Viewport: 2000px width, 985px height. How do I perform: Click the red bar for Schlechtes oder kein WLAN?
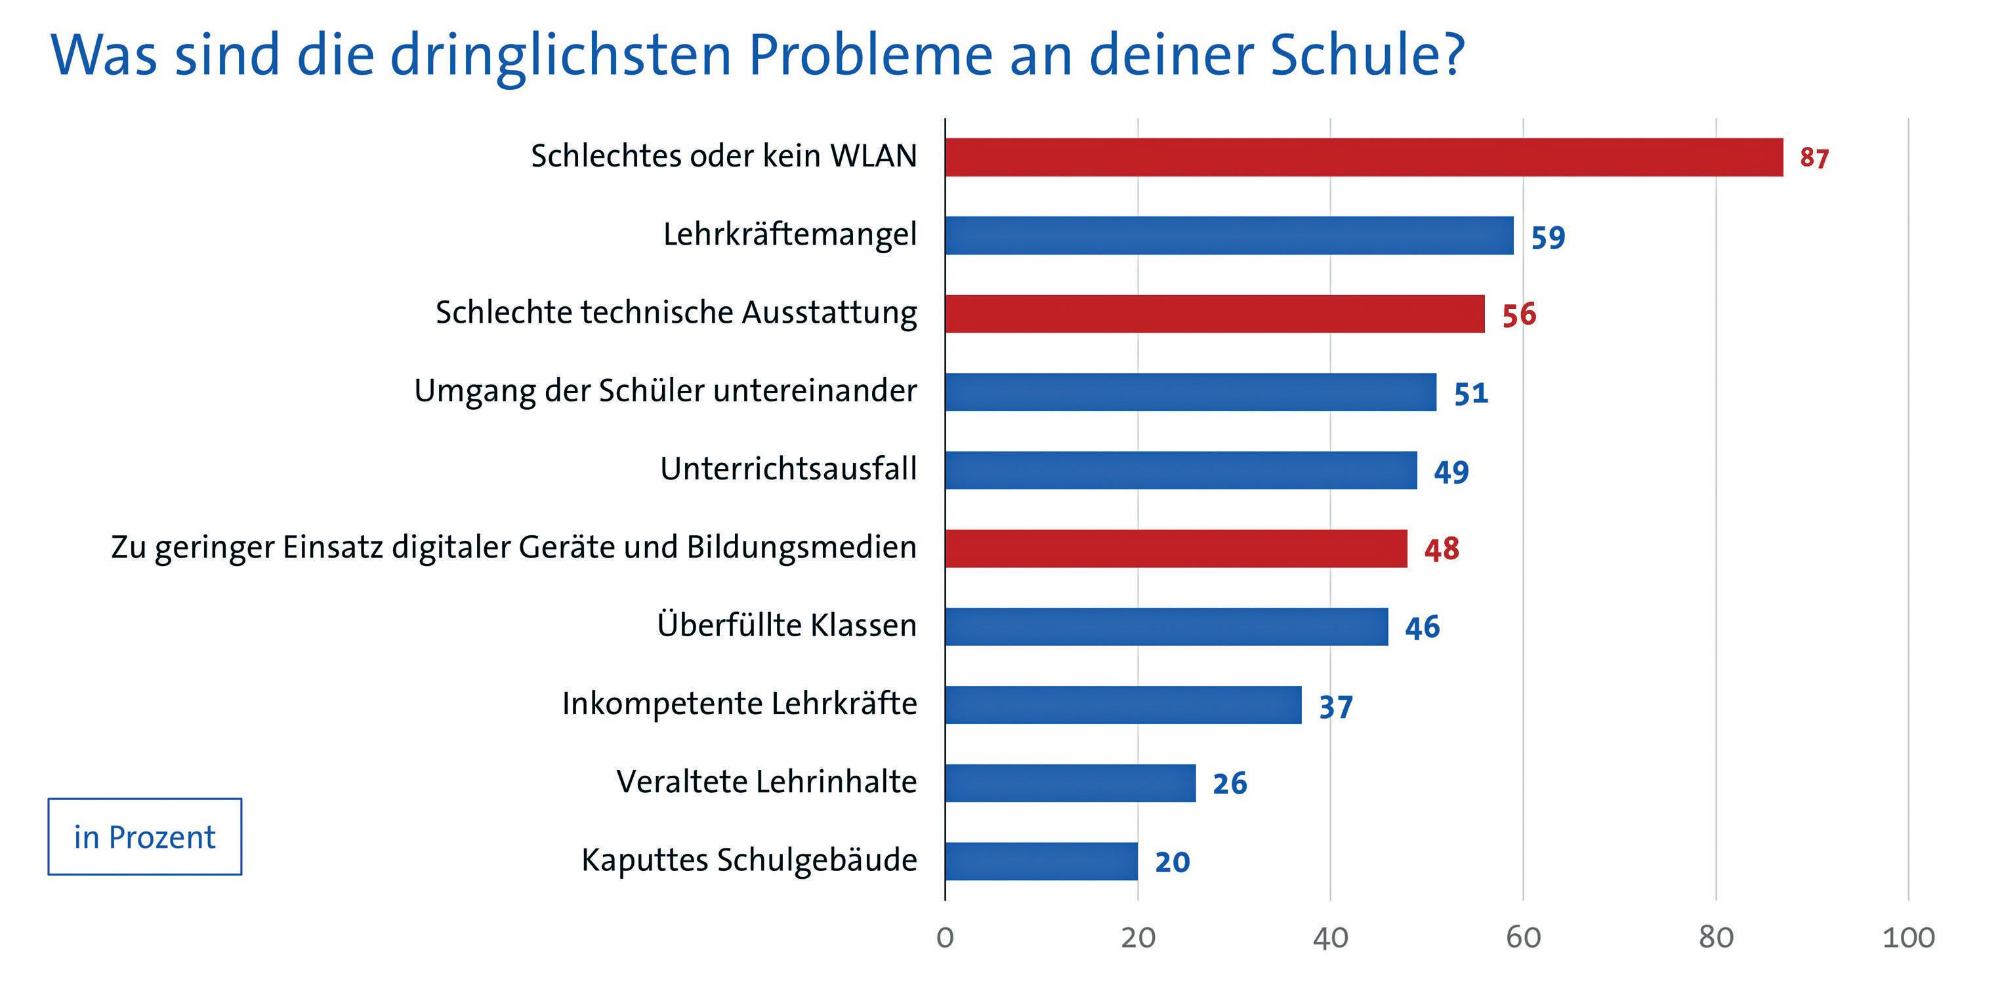[x=1364, y=157]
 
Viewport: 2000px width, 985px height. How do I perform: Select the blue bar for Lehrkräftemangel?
[x=1229, y=235]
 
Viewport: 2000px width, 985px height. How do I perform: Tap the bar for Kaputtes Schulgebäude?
[x=1041, y=862]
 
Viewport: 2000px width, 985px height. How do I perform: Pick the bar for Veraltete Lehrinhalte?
[x=1070, y=783]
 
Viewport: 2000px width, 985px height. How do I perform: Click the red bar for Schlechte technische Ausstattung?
[x=1215, y=313]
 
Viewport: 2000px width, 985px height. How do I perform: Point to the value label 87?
[x=1814, y=158]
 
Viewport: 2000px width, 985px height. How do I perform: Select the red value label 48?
[x=1442, y=550]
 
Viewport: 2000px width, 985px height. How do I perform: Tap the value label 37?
[x=1336, y=706]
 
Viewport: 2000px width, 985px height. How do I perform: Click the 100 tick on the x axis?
[x=1908, y=938]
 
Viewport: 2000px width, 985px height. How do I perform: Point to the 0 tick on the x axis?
[x=945, y=938]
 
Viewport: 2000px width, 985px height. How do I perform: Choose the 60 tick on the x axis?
[x=1523, y=938]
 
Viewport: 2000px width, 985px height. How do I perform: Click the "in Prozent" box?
[x=144, y=837]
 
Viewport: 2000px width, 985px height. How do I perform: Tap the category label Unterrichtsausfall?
[x=788, y=469]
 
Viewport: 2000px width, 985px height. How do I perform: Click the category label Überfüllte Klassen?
[x=787, y=624]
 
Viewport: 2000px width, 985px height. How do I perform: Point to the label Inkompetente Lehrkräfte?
[x=739, y=703]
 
